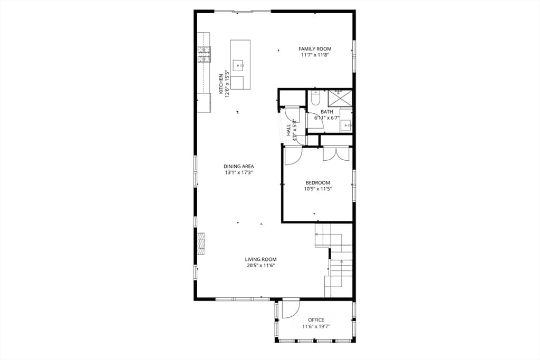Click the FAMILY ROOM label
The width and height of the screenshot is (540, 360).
click(315, 49)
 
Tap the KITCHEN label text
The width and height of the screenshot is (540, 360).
click(221, 84)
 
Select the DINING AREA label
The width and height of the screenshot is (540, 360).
click(239, 167)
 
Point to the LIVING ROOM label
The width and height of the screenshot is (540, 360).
click(261, 259)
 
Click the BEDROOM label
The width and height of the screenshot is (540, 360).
click(318, 183)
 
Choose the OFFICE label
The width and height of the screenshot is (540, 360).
click(316, 320)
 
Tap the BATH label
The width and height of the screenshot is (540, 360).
click(327, 112)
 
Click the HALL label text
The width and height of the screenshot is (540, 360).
click(288, 130)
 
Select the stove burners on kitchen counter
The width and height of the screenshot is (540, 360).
click(204, 54)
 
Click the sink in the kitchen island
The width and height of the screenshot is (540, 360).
click(238, 65)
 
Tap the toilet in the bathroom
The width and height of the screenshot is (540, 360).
click(315, 98)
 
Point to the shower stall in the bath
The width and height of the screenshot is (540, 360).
click(340, 99)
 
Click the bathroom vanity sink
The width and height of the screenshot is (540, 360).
click(346, 125)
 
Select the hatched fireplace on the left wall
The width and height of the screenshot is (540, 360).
click(200, 244)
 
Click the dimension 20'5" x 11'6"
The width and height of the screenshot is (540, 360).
click(261, 265)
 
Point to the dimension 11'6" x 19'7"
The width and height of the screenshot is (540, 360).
click(316, 326)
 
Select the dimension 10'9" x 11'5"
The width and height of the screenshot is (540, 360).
click(318, 189)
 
